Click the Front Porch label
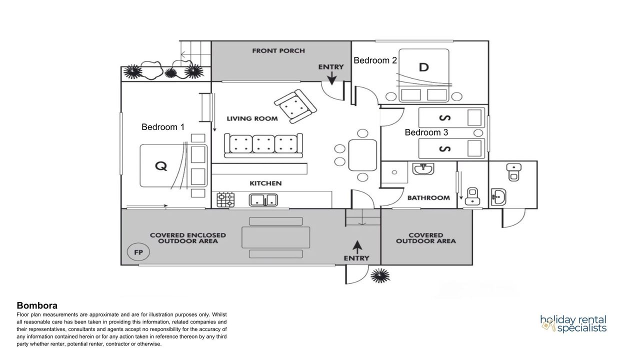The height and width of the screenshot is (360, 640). [278, 51]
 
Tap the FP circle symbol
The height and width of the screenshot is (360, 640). [138, 252]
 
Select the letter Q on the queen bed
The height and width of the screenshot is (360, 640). [160, 166]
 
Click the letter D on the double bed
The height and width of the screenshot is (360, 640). [423, 67]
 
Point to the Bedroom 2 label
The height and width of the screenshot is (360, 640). [375, 60]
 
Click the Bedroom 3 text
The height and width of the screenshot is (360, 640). [426, 132]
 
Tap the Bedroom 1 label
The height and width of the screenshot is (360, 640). [163, 127]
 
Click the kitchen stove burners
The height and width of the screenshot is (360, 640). [225, 200]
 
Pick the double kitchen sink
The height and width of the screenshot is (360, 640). [264, 200]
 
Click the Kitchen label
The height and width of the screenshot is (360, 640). [265, 183]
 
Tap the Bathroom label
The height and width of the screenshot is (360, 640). [428, 198]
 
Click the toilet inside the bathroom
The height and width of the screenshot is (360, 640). [472, 196]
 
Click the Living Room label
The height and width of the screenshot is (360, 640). [251, 118]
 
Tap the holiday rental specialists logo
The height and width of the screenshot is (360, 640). [573, 324]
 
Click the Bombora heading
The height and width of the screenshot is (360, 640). [37, 305]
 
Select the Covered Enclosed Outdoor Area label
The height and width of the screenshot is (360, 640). [188, 238]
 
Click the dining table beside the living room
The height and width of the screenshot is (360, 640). [362, 155]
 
